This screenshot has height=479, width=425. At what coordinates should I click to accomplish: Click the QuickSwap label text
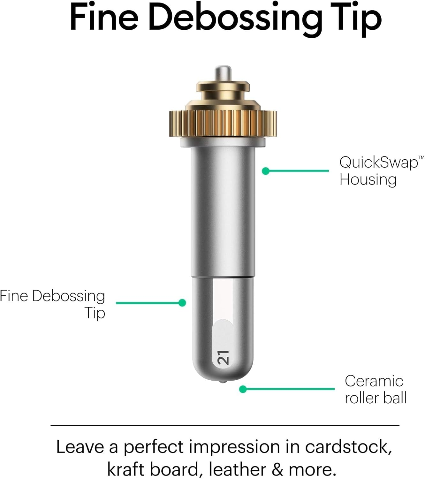(x=379, y=163)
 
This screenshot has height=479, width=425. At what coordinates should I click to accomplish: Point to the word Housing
(x=368, y=179)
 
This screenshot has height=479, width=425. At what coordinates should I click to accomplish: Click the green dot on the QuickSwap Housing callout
(x=265, y=171)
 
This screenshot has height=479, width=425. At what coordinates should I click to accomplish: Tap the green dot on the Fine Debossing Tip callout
(x=182, y=303)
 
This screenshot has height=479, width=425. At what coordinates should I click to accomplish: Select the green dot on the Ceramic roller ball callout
(x=243, y=389)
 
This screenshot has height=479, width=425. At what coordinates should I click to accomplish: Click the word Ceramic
(x=374, y=381)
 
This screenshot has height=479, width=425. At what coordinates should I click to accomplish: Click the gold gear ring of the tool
(x=223, y=123)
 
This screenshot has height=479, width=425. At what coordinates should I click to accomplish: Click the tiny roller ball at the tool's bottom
(x=223, y=382)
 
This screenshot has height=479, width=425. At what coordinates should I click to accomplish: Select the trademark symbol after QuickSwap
(x=421, y=157)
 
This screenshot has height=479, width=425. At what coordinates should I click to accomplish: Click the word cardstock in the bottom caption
(x=348, y=447)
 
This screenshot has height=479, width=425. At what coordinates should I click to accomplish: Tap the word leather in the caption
(x=237, y=469)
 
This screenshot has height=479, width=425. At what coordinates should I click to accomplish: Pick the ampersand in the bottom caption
(x=277, y=469)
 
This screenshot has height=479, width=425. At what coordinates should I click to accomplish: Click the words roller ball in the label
(x=376, y=398)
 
